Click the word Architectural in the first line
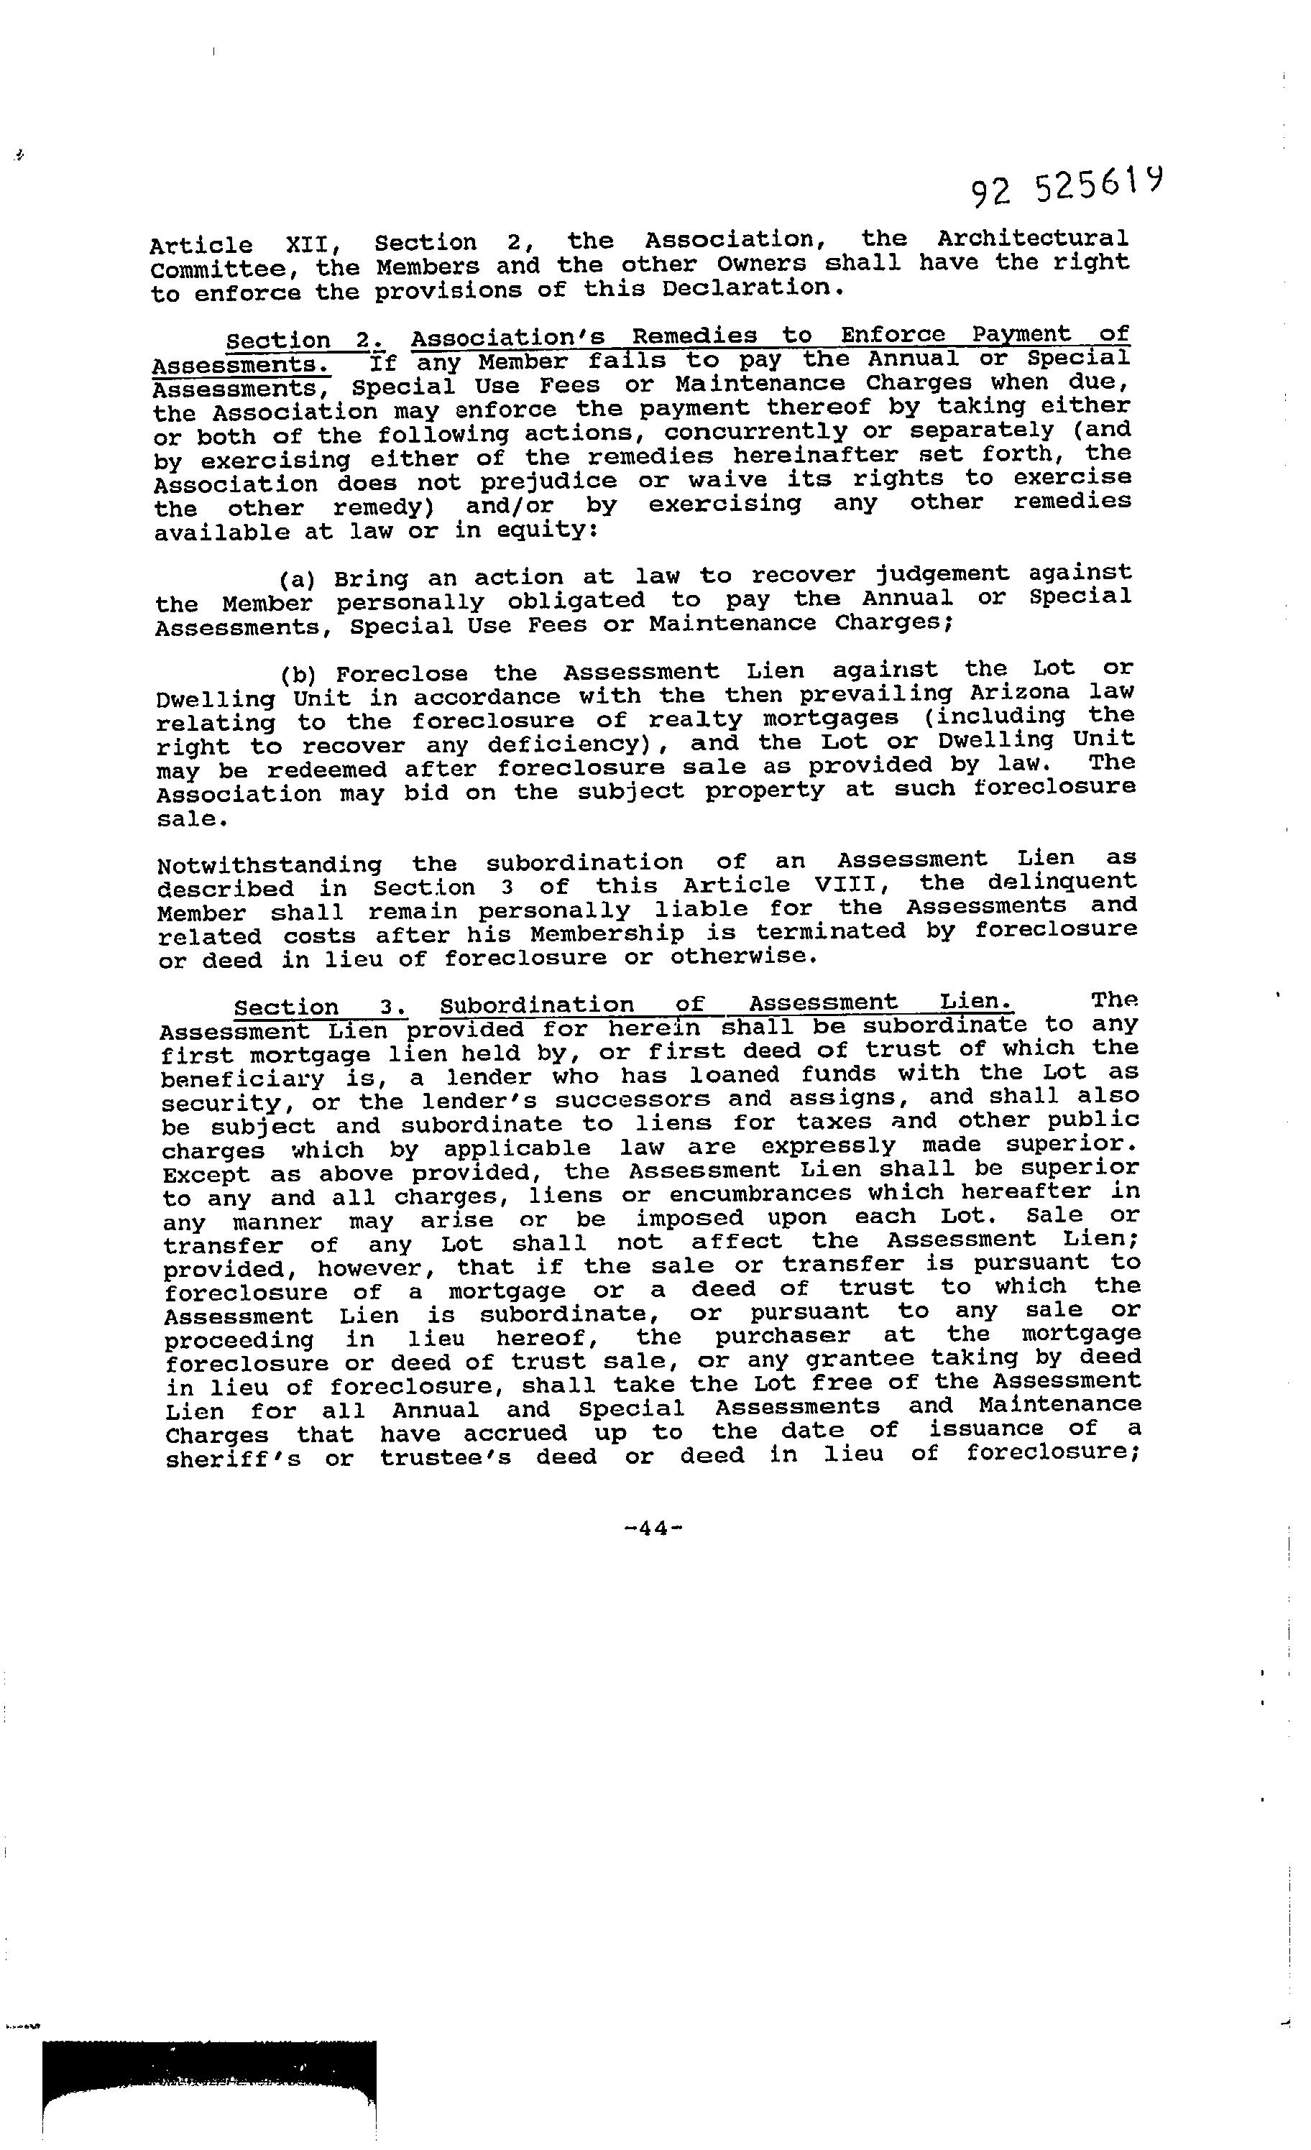pos(1033,239)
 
